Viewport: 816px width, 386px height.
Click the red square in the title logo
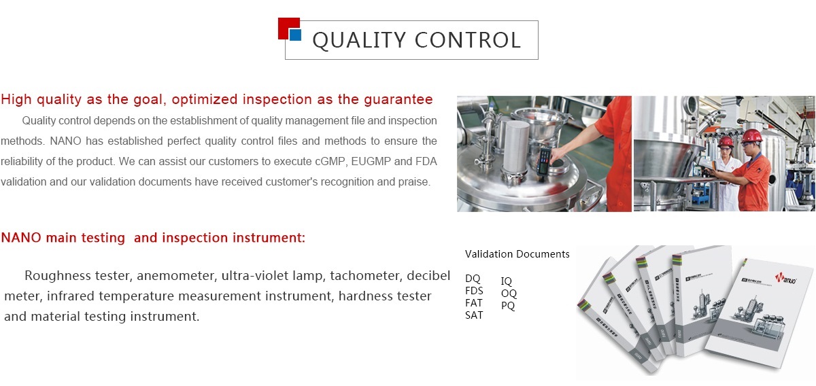(x=287, y=27)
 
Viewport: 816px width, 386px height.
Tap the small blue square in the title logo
(x=295, y=35)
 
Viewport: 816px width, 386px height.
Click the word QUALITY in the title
(x=359, y=40)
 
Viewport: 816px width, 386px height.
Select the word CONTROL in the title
(x=468, y=40)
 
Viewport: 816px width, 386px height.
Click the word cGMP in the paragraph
(x=328, y=161)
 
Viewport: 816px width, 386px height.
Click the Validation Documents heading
(x=517, y=253)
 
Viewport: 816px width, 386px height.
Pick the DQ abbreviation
(x=473, y=279)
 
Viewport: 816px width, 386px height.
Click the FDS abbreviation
(x=474, y=291)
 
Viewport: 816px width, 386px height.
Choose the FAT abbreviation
(x=473, y=303)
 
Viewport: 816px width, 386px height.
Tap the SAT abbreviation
(x=474, y=315)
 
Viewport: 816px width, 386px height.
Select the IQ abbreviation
(x=507, y=281)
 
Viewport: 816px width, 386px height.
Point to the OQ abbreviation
(x=509, y=294)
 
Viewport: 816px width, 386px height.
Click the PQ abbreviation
(x=508, y=306)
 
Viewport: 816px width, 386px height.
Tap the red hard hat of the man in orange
(x=751, y=136)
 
